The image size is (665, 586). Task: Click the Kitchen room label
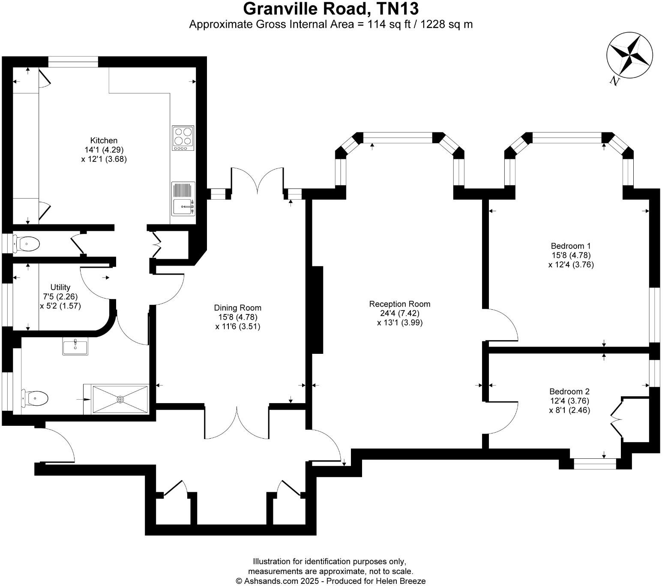coord(104,141)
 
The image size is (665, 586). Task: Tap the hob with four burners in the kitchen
coord(183,138)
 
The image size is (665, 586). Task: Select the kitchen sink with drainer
coord(183,199)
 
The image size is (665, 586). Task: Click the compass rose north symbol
coord(629,55)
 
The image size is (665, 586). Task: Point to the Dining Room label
coord(237,308)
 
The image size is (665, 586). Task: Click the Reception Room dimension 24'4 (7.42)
coord(400,314)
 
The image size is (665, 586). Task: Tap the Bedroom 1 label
coord(571,246)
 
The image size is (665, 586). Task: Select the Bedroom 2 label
coord(569,392)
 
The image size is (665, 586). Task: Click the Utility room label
coord(60,287)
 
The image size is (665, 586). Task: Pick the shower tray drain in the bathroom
coord(120,399)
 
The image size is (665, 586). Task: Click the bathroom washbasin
coord(75,346)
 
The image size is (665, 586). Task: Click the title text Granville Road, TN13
coord(331,9)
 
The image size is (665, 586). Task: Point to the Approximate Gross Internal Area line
coord(331,24)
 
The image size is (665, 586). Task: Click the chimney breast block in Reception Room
coord(317,310)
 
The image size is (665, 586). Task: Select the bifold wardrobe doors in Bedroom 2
coord(617,418)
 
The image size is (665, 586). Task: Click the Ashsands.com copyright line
coord(331,581)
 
